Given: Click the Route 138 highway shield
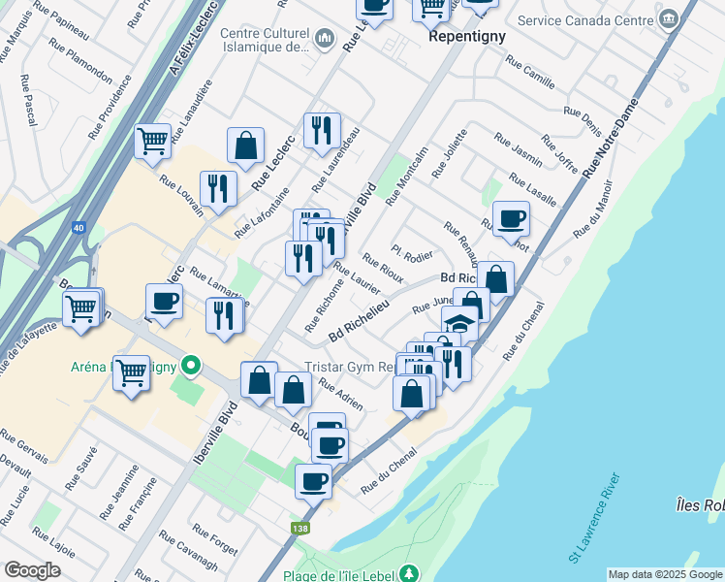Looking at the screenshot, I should pyautogui.click(x=300, y=529).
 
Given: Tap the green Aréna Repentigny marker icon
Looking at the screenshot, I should pyautogui.click(x=191, y=367).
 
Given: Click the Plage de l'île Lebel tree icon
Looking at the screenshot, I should pyautogui.click(x=410, y=572).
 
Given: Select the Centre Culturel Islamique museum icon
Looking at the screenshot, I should pyautogui.click(x=324, y=40).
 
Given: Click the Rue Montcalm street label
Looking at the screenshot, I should pyautogui.click(x=406, y=176).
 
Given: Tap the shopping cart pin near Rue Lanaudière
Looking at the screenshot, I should pyautogui.click(x=153, y=141).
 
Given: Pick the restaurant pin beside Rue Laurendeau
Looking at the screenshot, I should pyautogui.click(x=322, y=130).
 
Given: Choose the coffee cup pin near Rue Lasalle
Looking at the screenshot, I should pyautogui.click(x=511, y=218).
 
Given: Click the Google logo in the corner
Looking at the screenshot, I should pyautogui.click(x=32, y=570).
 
